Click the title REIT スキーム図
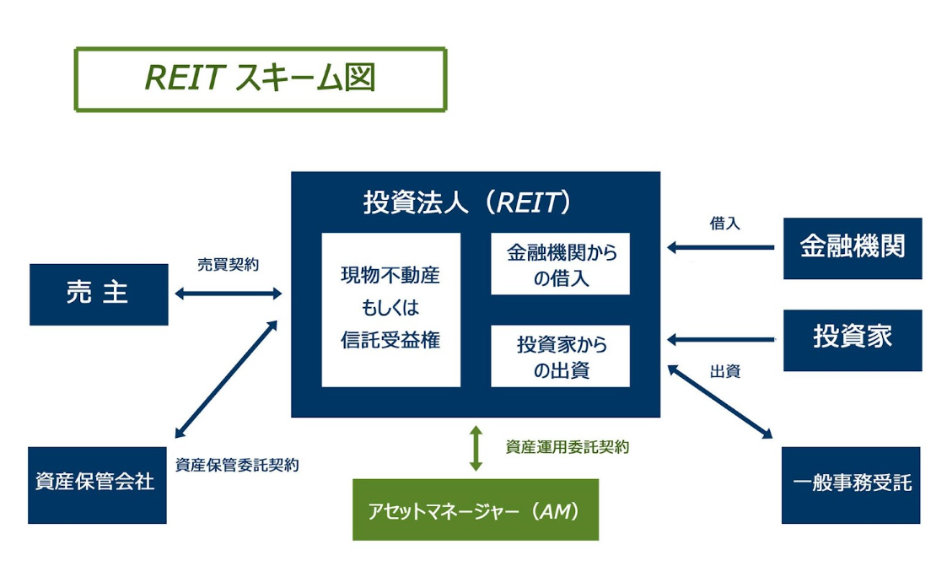coord(260,78)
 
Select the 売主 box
coord(99,294)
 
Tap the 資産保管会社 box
coord(97,484)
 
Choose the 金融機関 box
coord(852,248)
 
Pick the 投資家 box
coord(852,339)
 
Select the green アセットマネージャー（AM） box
coord(475,510)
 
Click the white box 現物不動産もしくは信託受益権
coord(390,309)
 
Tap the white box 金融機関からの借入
coord(560,264)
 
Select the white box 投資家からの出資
coord(560,356)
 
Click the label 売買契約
coord(228,264)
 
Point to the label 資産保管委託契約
coord(237,464)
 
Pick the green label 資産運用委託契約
coord(567,447)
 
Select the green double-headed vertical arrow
coord(476,448)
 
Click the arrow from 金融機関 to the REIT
coord(720,248)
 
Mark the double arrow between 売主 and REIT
coord(228,294)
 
